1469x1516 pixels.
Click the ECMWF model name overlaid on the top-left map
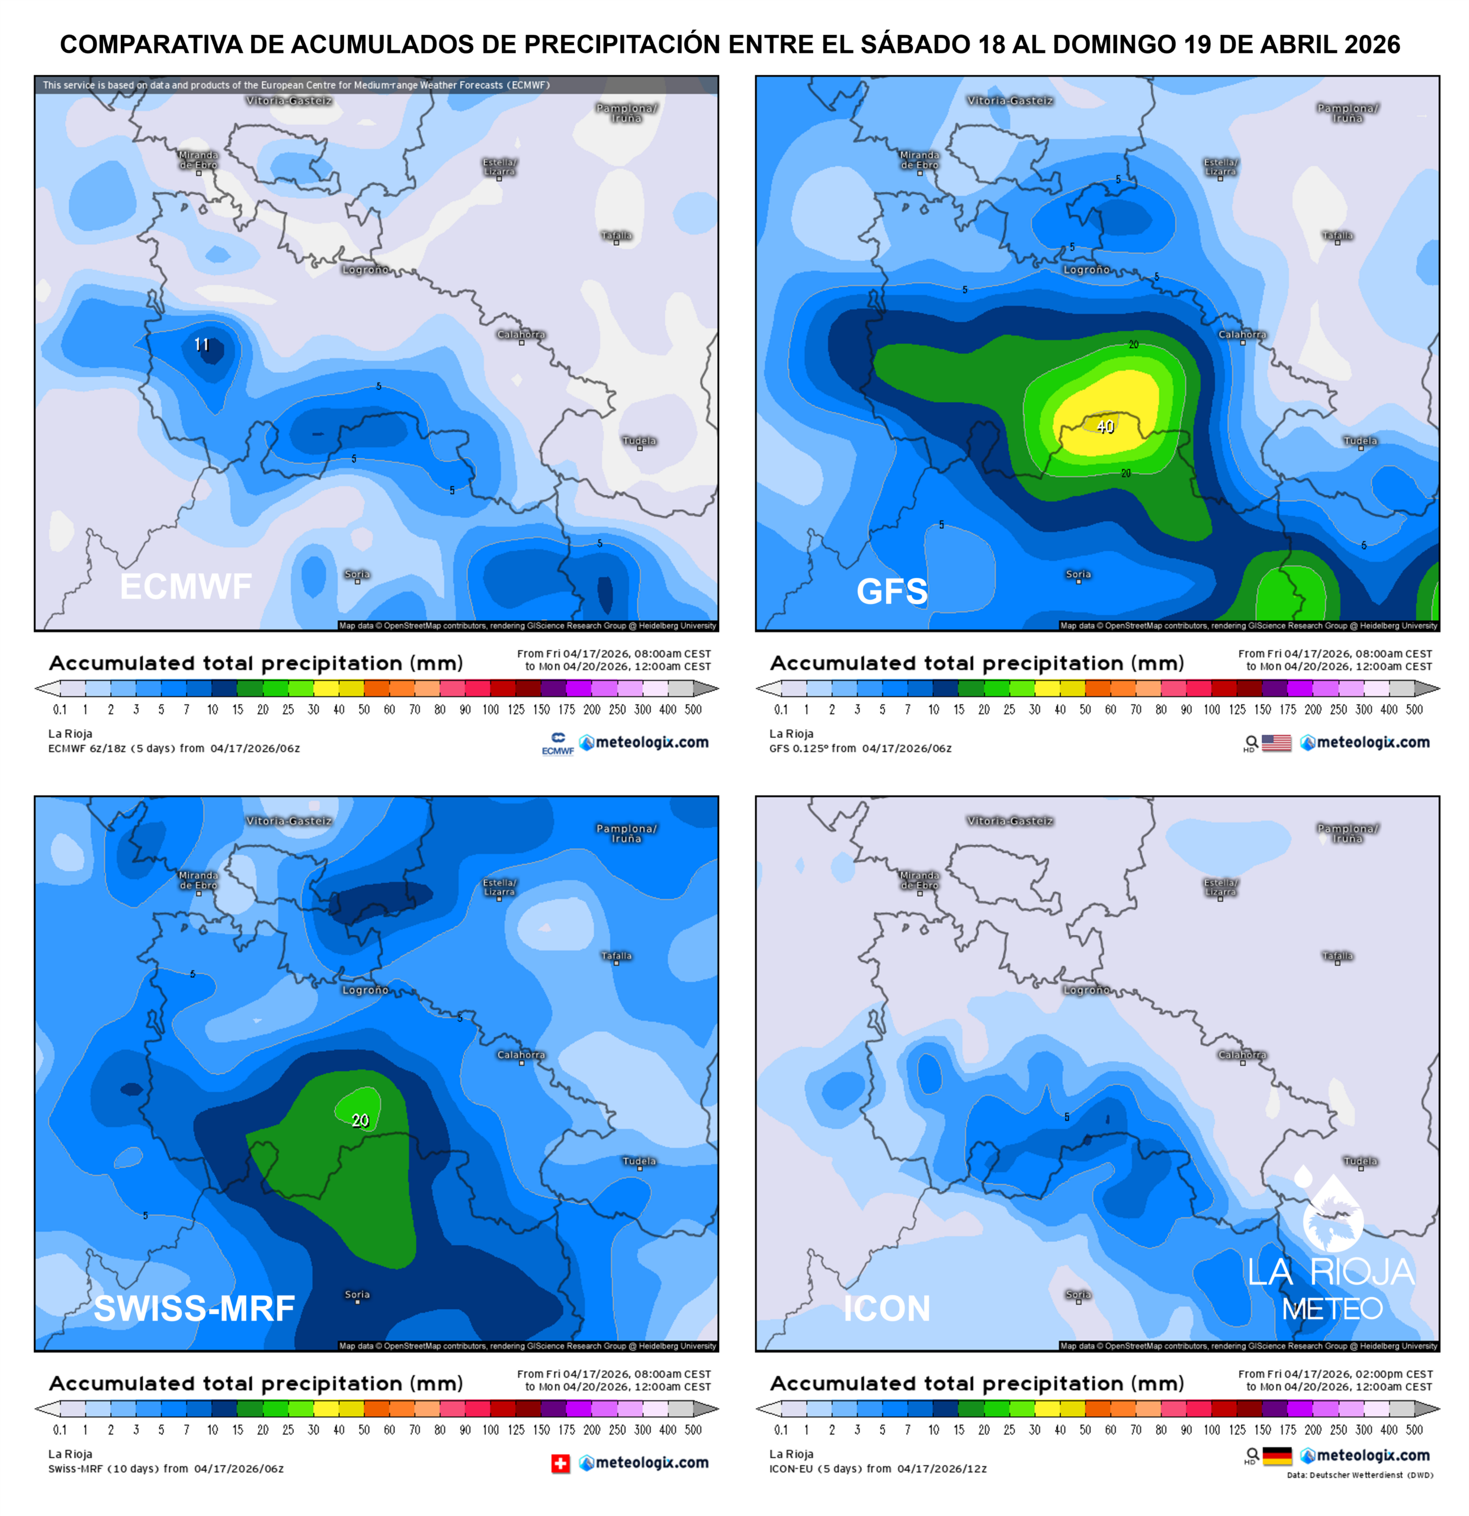tap(185, 586)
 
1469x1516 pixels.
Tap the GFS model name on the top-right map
tap(891, 592)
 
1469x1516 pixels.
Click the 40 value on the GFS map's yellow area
tap(1105, 426)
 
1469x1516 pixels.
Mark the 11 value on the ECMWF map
tap(201, 345)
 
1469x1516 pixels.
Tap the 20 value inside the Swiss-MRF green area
tap(360, 1120)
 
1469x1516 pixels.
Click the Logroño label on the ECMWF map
tap(365, 270)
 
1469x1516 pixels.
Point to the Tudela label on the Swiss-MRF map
tap(639, 1161)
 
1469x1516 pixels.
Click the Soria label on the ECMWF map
tap(357, 574)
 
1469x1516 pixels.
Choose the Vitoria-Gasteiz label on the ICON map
tap(1009, 821)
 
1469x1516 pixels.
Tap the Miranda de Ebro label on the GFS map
tap(919, 160)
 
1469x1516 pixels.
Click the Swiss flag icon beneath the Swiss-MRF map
tap(560, 1463)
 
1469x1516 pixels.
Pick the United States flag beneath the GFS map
tap(1276, 743)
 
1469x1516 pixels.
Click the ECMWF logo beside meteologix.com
tap(558, 743)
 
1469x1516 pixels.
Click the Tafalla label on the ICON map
tap(1338, 956)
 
